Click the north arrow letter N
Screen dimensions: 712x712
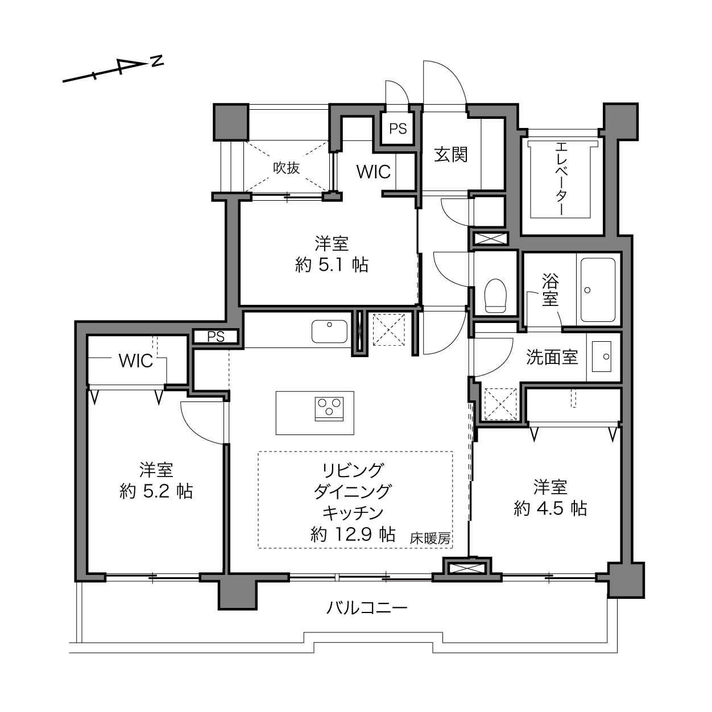pyautogui.click(x=158, y=61)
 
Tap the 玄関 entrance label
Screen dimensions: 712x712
pyautogui.click(x=450, y=155)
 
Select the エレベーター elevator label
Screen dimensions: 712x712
pyautogui.click(x=561, y=179)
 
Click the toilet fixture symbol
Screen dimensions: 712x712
pyautogui.click(x=495, y=296)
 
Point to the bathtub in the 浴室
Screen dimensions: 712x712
pyautogui.click(x=598, y=290)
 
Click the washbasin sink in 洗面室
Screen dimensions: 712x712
pyautogui.click(x=602, y=357)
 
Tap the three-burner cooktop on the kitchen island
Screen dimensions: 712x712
pyautogui.click(x=329, y=409)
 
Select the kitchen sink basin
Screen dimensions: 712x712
pyautogui.click(x=329, y=332)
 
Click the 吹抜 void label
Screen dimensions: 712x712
pyautogui.click(x=287, y=168)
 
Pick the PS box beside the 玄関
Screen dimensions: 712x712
pyautogui.click(x=398, y=129)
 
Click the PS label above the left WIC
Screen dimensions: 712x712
pyautogui.click(x=216, y=337)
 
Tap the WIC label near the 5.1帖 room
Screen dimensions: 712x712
pyautogui.click(x=373, y=172)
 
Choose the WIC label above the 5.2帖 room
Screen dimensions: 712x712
pyautogui.click(x=135, y=361)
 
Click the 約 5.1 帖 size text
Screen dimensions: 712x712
pyautogui.click(x=332, y=265)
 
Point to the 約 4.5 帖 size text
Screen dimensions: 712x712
pyautogui.click(x=550, y=509)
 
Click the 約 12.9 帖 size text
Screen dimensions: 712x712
pyautogui.click(x=353, y=534)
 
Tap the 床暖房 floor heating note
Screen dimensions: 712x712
pyautogui.click(x=430, y=539)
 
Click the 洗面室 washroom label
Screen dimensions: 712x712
pyautogui.click(x=552, y=357)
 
